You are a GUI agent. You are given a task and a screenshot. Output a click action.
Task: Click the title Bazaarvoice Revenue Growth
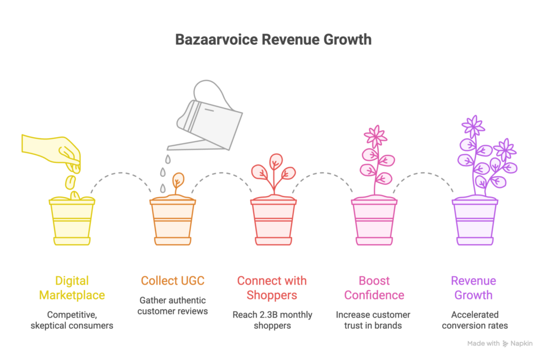point(273,40)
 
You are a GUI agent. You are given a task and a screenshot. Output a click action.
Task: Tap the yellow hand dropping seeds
point(52,151)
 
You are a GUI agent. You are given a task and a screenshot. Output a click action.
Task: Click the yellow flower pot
point(72,221)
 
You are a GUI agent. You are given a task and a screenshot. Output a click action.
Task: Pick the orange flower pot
point(173,221)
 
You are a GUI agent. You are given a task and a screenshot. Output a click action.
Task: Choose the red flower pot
point(273,221)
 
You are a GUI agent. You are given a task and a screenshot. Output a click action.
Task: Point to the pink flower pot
point(374,221)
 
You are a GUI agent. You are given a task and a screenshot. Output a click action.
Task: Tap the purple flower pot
point(475,221)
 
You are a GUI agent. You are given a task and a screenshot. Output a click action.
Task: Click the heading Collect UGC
point(173,281)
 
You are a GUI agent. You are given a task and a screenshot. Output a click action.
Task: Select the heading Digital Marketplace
point(72,288)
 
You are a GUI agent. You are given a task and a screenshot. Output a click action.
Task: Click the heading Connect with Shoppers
point(272,288)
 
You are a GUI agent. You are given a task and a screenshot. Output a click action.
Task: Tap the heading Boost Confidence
point(374,288)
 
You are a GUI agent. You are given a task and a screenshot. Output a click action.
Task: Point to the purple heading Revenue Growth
point(473,288)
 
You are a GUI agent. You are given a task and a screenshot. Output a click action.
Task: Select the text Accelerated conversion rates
point(475,320)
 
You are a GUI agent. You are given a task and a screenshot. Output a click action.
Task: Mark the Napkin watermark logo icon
point(505,343)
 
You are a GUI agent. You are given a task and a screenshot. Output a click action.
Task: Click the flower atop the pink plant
point(376,136)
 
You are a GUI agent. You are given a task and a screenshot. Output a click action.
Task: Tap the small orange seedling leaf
point(178,178)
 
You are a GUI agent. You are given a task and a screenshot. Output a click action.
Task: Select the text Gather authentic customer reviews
point(173,306)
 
